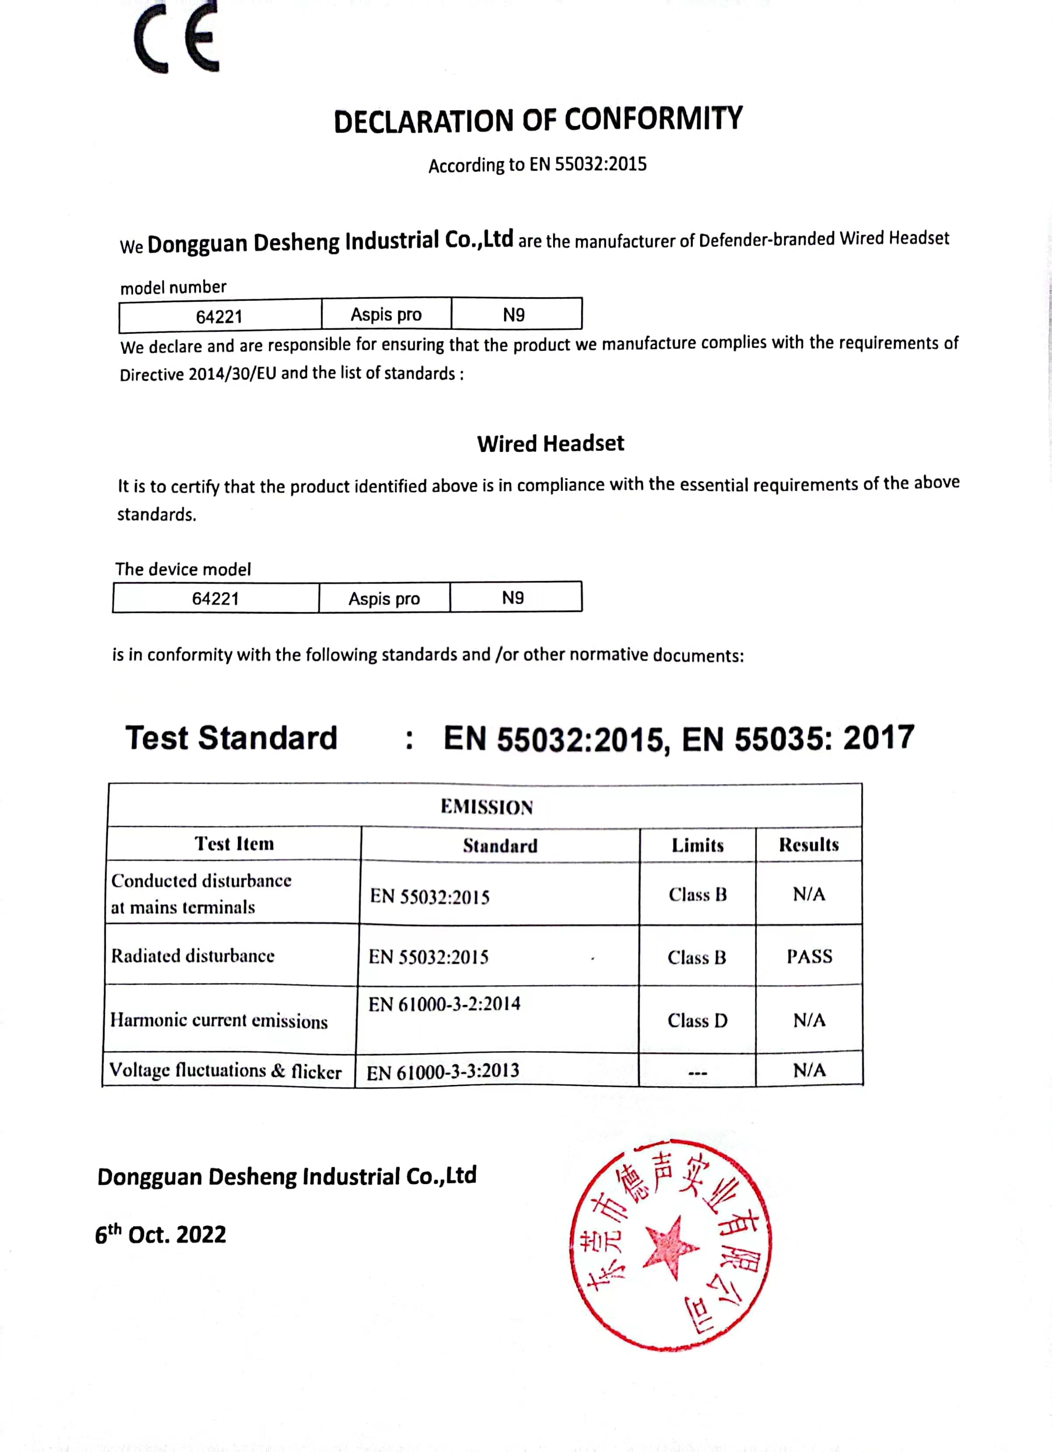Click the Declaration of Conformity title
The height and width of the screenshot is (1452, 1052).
click(537, 120)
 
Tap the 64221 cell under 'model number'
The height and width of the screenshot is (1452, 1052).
click(220, 316)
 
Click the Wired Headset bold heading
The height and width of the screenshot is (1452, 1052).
click(551, 443)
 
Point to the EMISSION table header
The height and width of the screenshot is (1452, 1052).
click(486, 807)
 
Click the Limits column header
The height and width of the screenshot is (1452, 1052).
click(698, 845)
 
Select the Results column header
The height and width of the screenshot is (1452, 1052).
click(809, 844)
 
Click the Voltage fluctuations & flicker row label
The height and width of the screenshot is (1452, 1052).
click(225, 1071)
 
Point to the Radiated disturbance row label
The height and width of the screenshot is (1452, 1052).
click(193, 956)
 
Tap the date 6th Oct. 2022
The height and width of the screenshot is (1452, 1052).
click(161, 1233)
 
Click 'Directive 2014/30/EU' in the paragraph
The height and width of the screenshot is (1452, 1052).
click(198, 374)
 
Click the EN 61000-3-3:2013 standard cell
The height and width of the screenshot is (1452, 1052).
click(443, 1071)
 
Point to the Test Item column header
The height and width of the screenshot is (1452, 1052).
click(234, 844)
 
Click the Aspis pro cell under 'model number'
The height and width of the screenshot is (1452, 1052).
click(386, 314)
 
